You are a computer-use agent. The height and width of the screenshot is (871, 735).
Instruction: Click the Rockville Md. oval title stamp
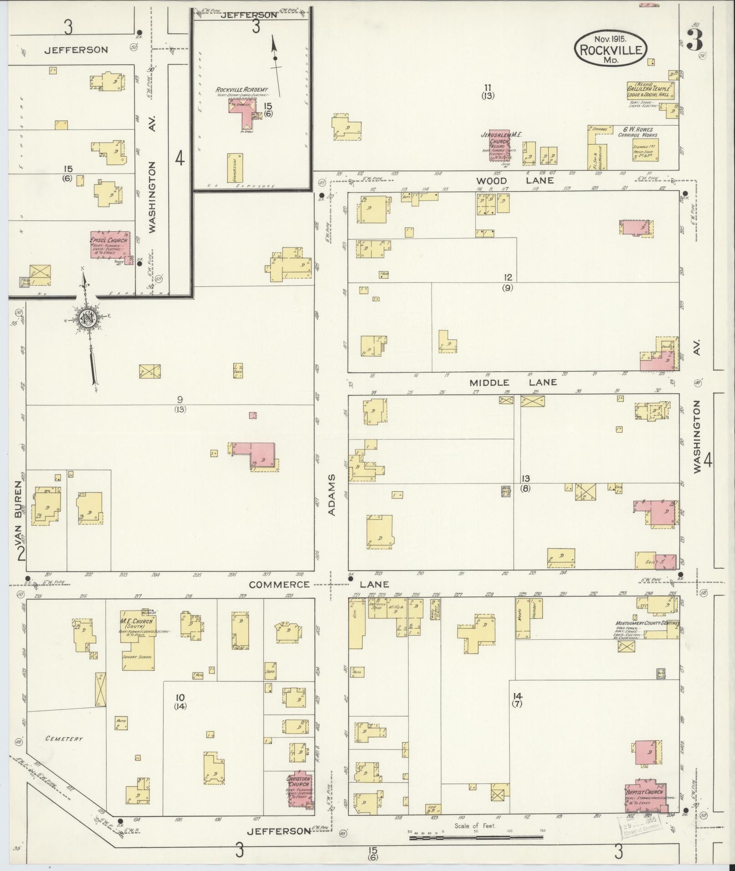pyautogui.click(x=610, y=50)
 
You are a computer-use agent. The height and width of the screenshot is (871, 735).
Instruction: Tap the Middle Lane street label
pyautogui.click(x=513, y=382)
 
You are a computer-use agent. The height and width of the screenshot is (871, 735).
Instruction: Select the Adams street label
pyautogui.click(x=332, y=495)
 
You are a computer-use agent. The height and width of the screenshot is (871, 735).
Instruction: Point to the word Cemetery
pyautogui.click(x=64, y=738)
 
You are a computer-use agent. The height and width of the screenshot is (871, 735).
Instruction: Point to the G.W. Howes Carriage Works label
pyautogui.click(x=637, y=132)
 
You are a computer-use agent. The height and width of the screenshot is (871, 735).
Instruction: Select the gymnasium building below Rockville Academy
pyautogui.click(x=235, y=168)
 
